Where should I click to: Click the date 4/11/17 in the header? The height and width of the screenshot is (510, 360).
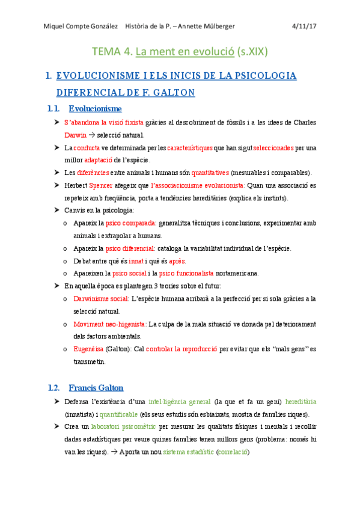point(304,26)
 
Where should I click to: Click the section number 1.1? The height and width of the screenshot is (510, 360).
point(53,109)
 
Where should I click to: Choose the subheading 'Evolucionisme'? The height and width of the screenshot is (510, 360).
point(95,109)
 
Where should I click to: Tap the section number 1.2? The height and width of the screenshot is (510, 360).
point(53,387)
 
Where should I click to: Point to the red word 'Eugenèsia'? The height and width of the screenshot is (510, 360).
point(88,349)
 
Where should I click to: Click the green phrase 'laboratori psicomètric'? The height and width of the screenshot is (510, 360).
point(124,426)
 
